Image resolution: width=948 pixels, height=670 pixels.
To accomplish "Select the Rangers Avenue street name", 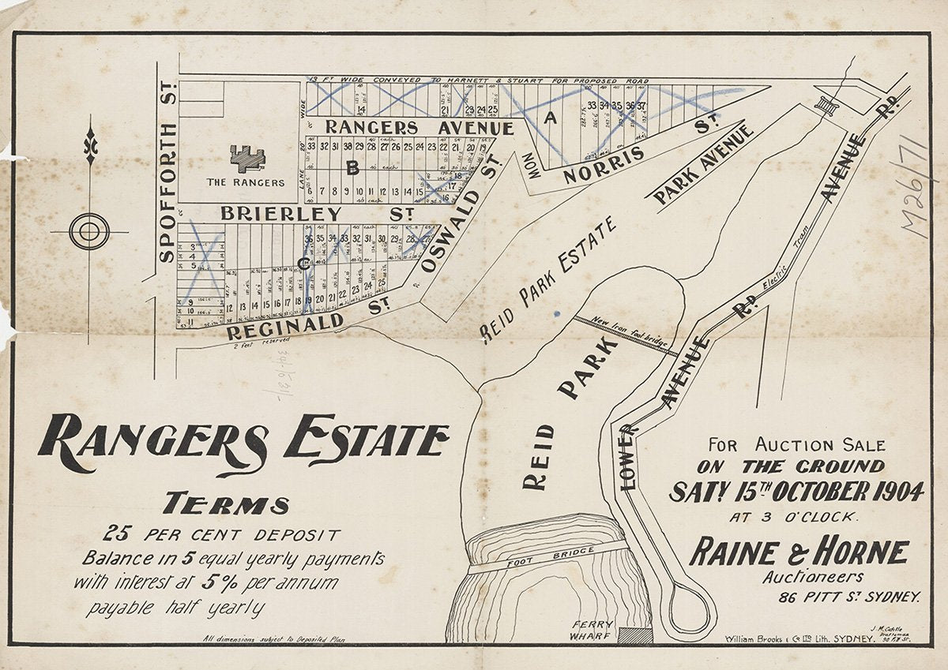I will click(x=419, y=127).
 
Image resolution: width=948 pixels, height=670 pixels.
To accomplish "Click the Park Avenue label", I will click(x=699, y=164).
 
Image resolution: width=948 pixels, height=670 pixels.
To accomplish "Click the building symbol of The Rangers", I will click(x=248, y=157).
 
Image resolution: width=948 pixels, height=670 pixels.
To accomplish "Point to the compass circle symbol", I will click(x=88, y=232).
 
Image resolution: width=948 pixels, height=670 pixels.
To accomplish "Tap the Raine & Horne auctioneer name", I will click(x=798, y=552).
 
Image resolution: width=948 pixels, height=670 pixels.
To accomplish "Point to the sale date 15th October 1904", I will click(x=796, y=492).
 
